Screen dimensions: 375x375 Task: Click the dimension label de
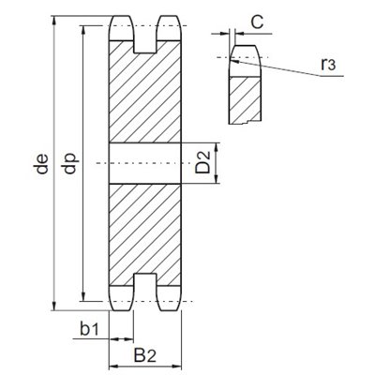(x=42, y=163)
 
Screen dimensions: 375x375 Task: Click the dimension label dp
(x=70, y=163)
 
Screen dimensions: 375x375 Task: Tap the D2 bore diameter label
(x=202, y=162)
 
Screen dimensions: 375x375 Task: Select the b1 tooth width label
(x=89, y=329)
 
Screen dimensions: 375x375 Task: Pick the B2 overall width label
(x=144, y=355)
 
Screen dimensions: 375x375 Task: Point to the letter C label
(x=257, y=22)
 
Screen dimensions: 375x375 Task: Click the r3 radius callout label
(x=328, y=64)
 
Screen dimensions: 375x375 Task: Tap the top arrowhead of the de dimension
(x=54, y=20)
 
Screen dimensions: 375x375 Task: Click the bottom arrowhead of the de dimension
(x=54, y=307)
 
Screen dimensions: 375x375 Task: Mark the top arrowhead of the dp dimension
(x=83, y=30)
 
